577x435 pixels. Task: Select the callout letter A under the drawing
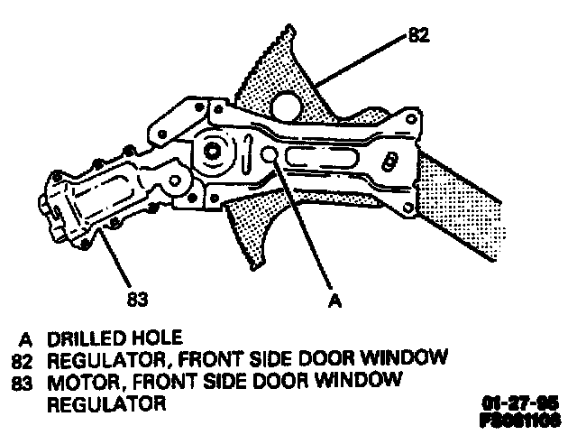[334, 302]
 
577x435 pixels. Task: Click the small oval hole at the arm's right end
[390, 162]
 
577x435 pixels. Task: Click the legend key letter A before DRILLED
[26, 339]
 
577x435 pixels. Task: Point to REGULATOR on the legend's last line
[106, 403]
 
